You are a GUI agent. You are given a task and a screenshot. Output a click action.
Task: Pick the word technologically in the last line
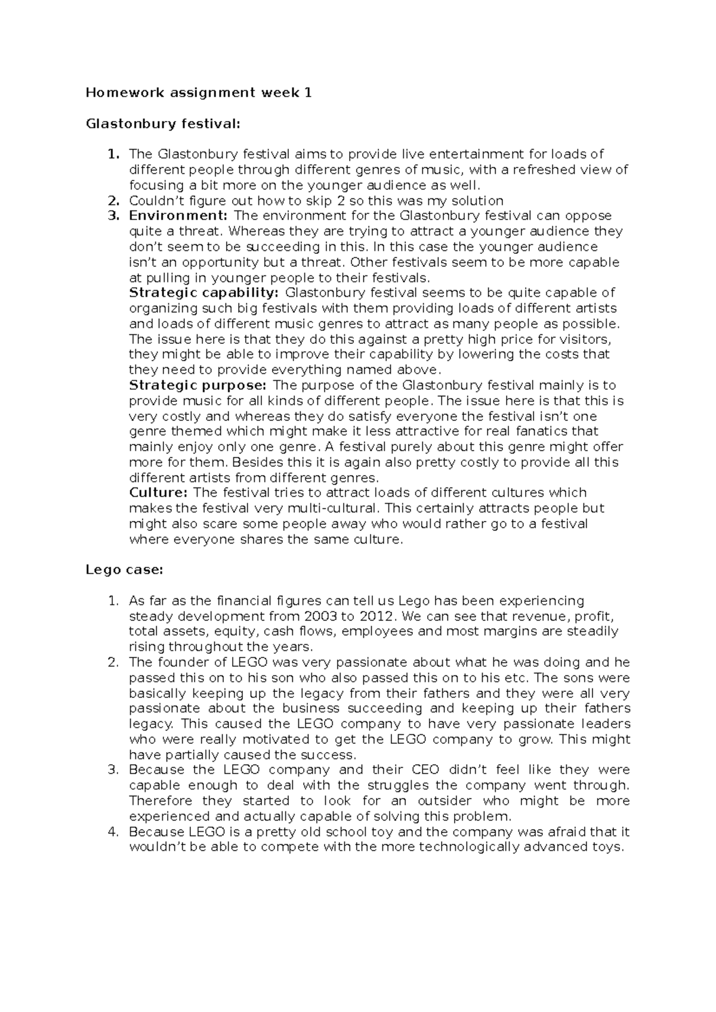tap(467, 848)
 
